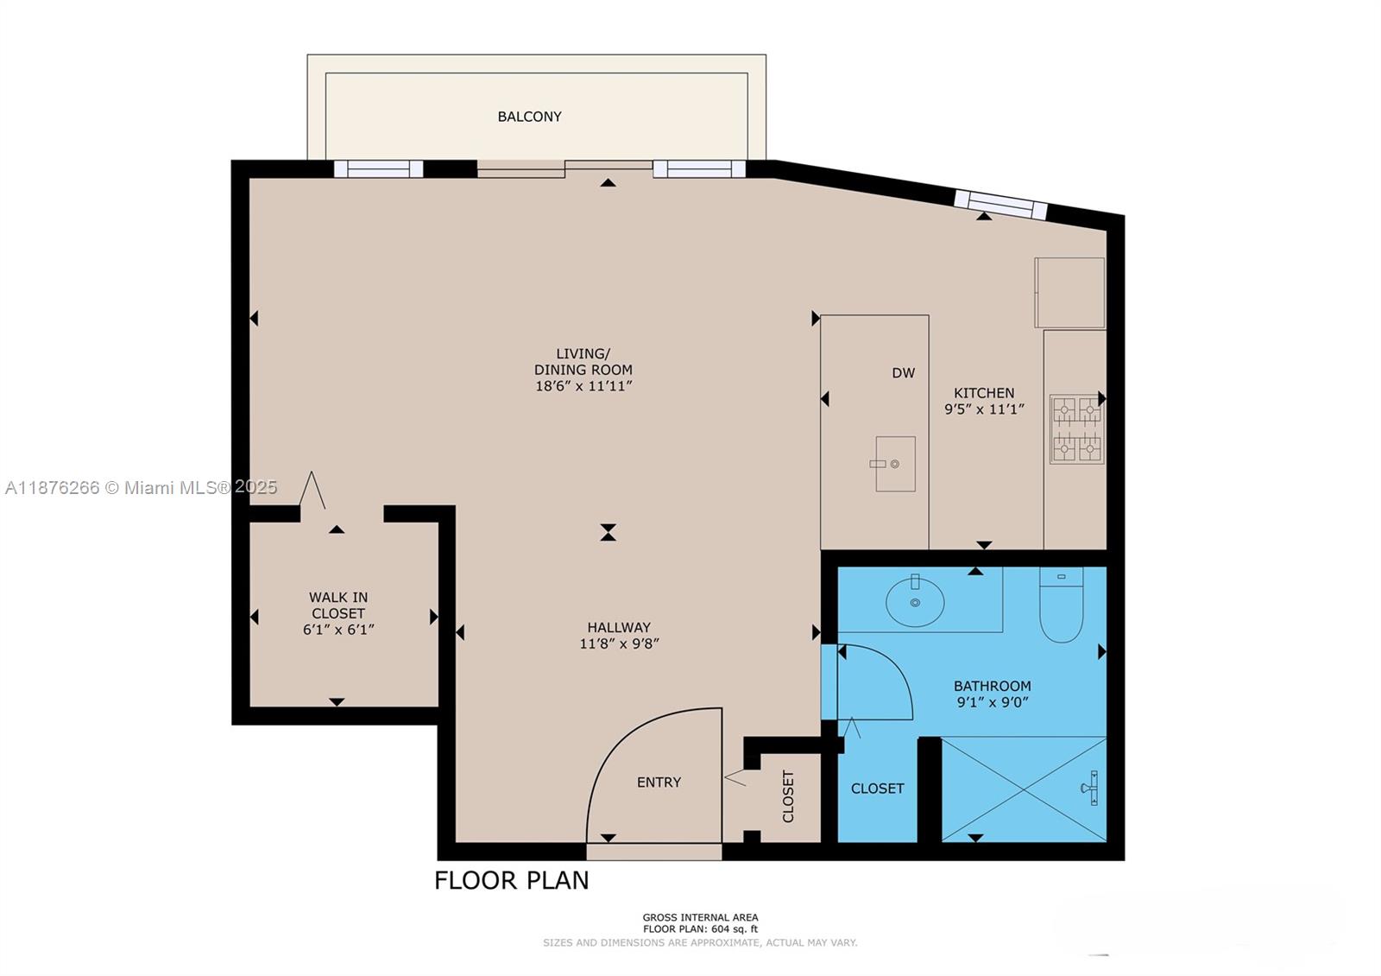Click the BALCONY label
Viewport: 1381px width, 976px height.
[x=529, y=117]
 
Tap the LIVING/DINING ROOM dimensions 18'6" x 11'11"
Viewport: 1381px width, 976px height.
[x=583, y=386]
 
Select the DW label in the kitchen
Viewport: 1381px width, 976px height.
[x=903, y=373]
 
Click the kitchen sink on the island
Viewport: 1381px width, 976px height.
[x=895, y=464]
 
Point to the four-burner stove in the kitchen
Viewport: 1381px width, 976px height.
[x=1076, y=429]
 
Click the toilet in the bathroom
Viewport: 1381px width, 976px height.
[x=1061, y=607]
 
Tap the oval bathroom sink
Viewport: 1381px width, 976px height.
[x=915, y=601]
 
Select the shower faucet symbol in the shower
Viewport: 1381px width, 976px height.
[x=1090, y=788]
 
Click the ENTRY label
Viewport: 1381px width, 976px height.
[x=659, y=783]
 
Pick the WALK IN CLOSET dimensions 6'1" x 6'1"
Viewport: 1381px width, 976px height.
[x=338, y=630]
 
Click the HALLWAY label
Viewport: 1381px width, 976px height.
[x=619, y=628]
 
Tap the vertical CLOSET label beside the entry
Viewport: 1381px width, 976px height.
[x=787, y=796]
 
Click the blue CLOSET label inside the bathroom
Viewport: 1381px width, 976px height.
[x=877, y=789]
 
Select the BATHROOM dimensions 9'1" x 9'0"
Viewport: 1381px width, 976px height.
[x=992, y=702]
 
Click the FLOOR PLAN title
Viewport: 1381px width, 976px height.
[x=511, y=880]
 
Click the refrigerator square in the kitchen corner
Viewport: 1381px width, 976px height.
[x=1069, y=293]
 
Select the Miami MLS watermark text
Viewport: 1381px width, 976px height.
[x=141, y=487]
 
